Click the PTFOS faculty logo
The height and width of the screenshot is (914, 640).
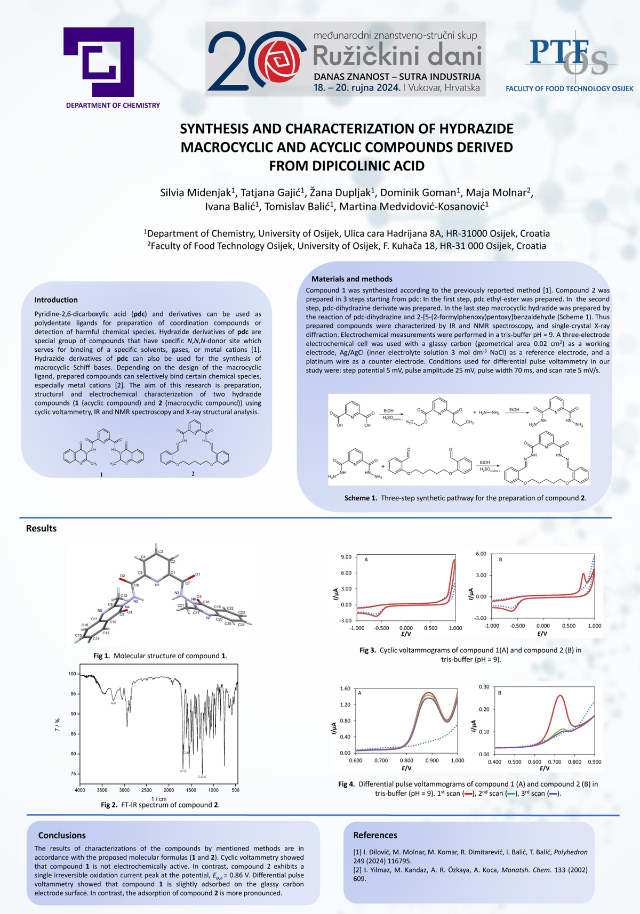569,57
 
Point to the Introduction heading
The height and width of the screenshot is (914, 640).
56,300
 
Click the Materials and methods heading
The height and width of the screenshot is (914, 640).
351,279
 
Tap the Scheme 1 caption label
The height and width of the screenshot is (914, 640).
361,498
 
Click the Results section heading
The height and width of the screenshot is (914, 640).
41,528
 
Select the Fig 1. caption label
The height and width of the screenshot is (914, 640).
101,656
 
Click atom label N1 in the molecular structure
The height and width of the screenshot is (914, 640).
157,585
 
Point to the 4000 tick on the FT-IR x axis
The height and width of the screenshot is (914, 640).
80,790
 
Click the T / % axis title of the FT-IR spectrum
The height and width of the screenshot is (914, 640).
58,725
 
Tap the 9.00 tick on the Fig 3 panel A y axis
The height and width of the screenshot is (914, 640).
346,557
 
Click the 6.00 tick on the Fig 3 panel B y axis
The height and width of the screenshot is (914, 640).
481,554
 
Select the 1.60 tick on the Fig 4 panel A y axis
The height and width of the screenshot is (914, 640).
345,689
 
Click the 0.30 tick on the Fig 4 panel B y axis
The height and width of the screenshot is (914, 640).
484,687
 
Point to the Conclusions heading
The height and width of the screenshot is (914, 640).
62,835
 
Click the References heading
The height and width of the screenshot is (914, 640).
375,835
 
